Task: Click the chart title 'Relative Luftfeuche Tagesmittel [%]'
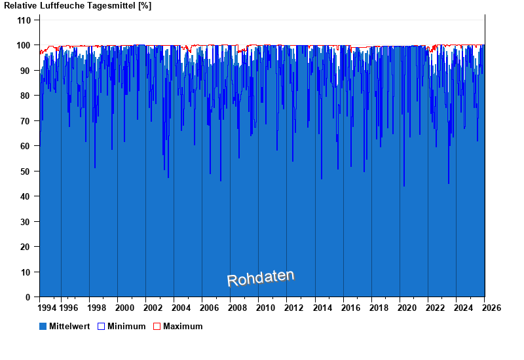pyautogui.click(x=77, y=6)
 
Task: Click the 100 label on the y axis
pyautogui.click(x=24, y=45)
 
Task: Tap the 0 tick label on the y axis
pyautogui.click(x=28, y=297)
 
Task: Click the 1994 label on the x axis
pyautogui.click(x=47, y=308)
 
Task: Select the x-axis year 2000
pyautogui.click(x=124, y=308)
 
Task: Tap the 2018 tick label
pyautogui.click(x=379, y=308)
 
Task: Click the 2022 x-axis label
pyautogui.click(x=435, y=308)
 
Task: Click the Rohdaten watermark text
pyautogui.click(x=261, y=278)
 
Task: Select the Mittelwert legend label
pyautogui.click(x=69, y=326)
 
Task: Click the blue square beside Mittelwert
pyautogui.click(x=43, y=326)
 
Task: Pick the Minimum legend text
pyautogui.click(x=126, y=326)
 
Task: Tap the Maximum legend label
pyautogui.click(x=183, y=326)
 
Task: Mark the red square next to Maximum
pyautogui.click(x=157, y=326)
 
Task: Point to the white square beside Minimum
pyautogui.click(x=101, y=326)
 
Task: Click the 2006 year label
pyautogui.click(x=209, y=308)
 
